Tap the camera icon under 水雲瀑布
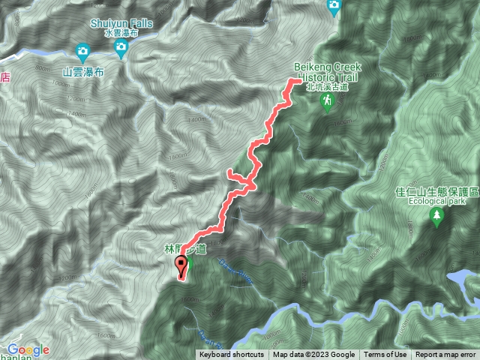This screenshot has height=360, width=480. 121,49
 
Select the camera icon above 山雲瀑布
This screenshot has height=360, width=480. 83,52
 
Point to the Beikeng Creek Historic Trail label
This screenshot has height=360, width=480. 328,72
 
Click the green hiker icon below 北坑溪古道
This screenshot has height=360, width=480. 326,104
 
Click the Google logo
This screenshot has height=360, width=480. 28,349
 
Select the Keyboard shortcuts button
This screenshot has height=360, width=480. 232,355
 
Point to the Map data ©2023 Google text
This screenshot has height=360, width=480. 313,355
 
